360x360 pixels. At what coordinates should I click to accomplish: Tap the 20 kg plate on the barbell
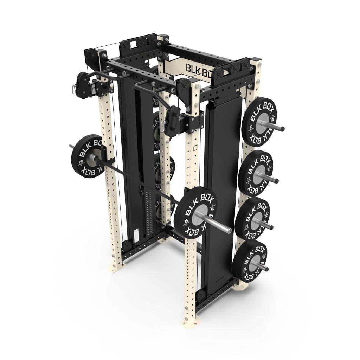[86, 156]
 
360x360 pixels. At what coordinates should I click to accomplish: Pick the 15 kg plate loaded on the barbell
[195, 213]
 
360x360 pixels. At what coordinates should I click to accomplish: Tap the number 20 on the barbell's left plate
[81, 162]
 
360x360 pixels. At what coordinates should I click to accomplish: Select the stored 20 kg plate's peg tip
[271, 227]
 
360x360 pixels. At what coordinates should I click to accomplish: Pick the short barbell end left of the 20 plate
[71, 146]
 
